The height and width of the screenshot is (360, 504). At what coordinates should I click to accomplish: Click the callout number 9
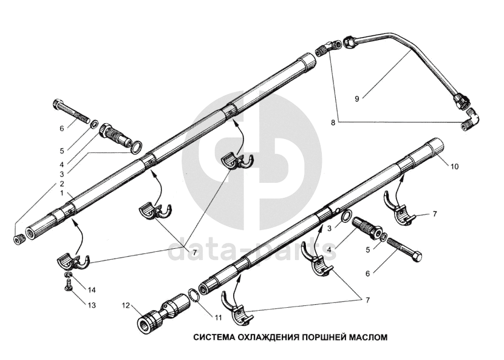coord(358,97)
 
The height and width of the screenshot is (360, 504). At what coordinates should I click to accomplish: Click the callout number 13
coord(92,305)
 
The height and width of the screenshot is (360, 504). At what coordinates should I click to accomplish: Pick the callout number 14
coord(92,288)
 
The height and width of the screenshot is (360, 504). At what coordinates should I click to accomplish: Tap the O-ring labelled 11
coord(192,296)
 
